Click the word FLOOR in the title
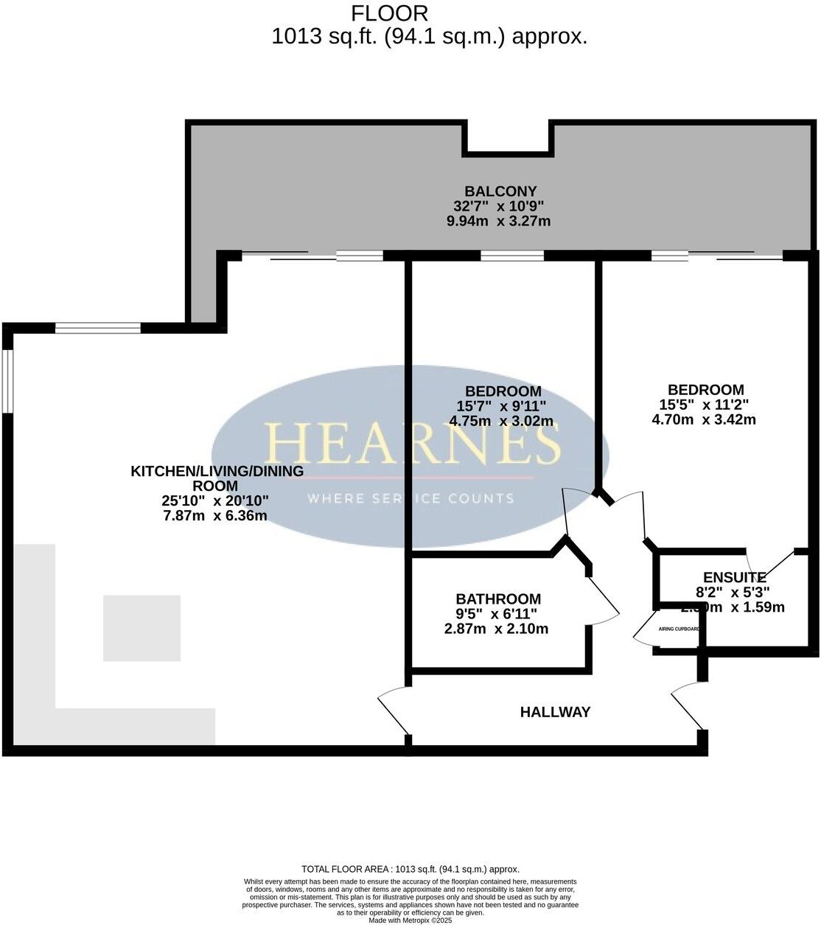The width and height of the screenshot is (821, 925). click(389, 13)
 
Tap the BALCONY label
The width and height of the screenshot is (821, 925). click(500, 192)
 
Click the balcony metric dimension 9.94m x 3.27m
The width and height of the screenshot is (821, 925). click(499, 221)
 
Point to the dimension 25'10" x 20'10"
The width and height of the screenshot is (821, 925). click(215, 501)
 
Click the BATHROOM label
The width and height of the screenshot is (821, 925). click(498, 599)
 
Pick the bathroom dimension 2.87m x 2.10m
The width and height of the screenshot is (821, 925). click(496, 629)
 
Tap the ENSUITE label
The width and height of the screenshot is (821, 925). click(735, 577)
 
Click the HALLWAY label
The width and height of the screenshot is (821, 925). click(555, 712)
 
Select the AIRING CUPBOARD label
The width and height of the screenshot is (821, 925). click(679, 629)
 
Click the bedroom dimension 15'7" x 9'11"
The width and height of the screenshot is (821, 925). click(502, 406)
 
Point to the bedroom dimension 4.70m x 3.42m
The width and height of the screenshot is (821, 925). click(704, 419)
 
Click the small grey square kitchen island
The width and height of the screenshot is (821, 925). click(142, 627)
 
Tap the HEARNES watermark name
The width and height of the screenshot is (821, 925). click(413, 444)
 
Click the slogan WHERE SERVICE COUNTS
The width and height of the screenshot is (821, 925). click(410, 498)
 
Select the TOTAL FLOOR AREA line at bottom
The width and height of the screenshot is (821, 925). click(410, 869)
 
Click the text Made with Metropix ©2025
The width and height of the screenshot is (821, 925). click(410, 921)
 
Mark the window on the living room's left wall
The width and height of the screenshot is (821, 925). click(7, 380)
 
